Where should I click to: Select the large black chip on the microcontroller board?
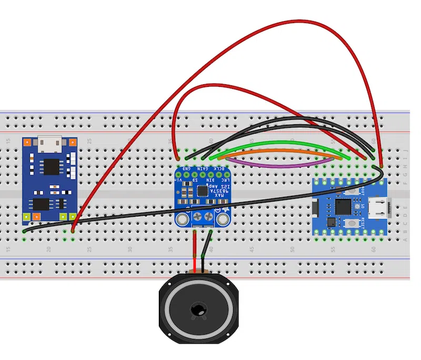(x=344, y=206)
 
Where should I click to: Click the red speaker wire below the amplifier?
(x=195, y=253)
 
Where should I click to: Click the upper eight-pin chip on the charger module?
(x=51, y=166)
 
